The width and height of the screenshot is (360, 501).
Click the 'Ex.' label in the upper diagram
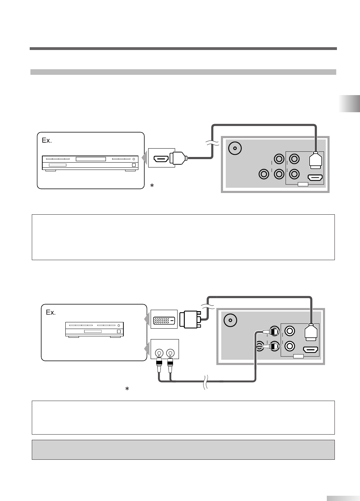(x=46, y=140)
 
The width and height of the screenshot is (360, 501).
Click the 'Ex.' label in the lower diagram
(x=51, y=312)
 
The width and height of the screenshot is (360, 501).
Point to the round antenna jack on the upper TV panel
(x=235, y=149)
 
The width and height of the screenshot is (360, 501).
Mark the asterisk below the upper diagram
(x=152, y=186)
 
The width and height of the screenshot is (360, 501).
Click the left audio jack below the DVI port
(x=159, y=353)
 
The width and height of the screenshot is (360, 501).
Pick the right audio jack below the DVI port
(x=170, y=353)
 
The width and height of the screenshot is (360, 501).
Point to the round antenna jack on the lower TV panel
(x=230, y=320)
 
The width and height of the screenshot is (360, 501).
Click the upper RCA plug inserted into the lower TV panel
(x=272, y=330)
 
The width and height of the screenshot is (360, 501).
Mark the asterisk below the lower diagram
(x=128, y=389)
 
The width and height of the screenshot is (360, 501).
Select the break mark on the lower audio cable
(x=206, y=382)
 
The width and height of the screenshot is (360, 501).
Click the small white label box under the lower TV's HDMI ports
(x=298, y=356)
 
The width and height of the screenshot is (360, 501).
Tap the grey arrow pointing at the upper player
(x=145, y=158)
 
